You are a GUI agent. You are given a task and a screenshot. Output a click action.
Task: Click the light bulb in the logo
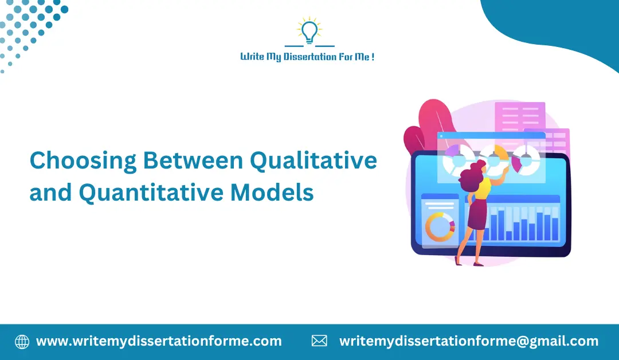[x=309, y=32]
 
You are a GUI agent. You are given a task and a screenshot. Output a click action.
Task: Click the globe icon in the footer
[x=22, y=342]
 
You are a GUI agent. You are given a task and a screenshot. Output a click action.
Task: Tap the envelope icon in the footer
[x=319, y=342]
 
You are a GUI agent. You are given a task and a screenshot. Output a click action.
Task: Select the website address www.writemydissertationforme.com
[x=159, y=342]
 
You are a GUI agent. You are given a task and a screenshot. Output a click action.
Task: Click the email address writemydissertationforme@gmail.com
[x=468, y=342]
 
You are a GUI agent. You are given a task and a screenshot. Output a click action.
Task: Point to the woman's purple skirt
[x=477, y=217]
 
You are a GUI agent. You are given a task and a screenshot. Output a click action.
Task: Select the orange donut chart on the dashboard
[x=439, y=226]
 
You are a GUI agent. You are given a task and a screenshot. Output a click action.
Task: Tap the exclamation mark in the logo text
[x=373, y=57]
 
